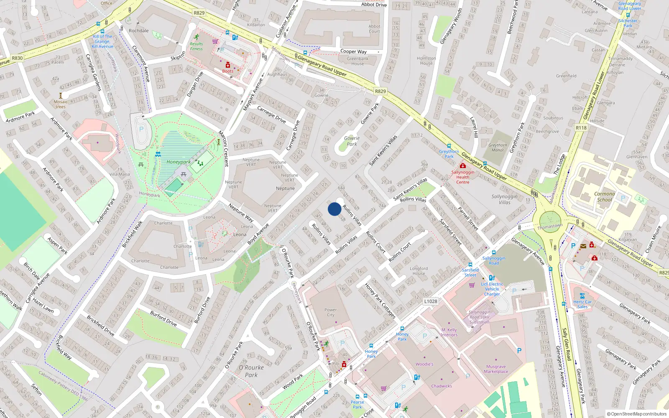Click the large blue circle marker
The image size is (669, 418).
(334, 209)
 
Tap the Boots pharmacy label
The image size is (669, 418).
(228, 71)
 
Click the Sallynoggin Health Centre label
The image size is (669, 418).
(462, 177)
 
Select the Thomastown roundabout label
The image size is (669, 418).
(550, 226)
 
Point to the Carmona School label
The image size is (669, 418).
(604, 196)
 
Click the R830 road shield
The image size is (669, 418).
(17, 58)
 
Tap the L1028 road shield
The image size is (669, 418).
(431, 301)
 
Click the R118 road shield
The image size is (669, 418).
(581, 127)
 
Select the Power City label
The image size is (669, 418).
(330, 312)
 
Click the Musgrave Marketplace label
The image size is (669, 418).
(496, 369)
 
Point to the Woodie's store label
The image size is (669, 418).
(424, 364)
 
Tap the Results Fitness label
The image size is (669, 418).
(196, 46)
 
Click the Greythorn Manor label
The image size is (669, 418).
(498, 148)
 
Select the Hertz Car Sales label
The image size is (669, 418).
(582, 304)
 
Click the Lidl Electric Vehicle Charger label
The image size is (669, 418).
(492, 289)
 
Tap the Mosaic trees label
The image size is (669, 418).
(60, 104)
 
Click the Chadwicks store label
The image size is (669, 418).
(442, 386)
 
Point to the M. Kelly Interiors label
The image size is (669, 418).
(449, 332)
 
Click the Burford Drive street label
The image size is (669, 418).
(164, 319)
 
